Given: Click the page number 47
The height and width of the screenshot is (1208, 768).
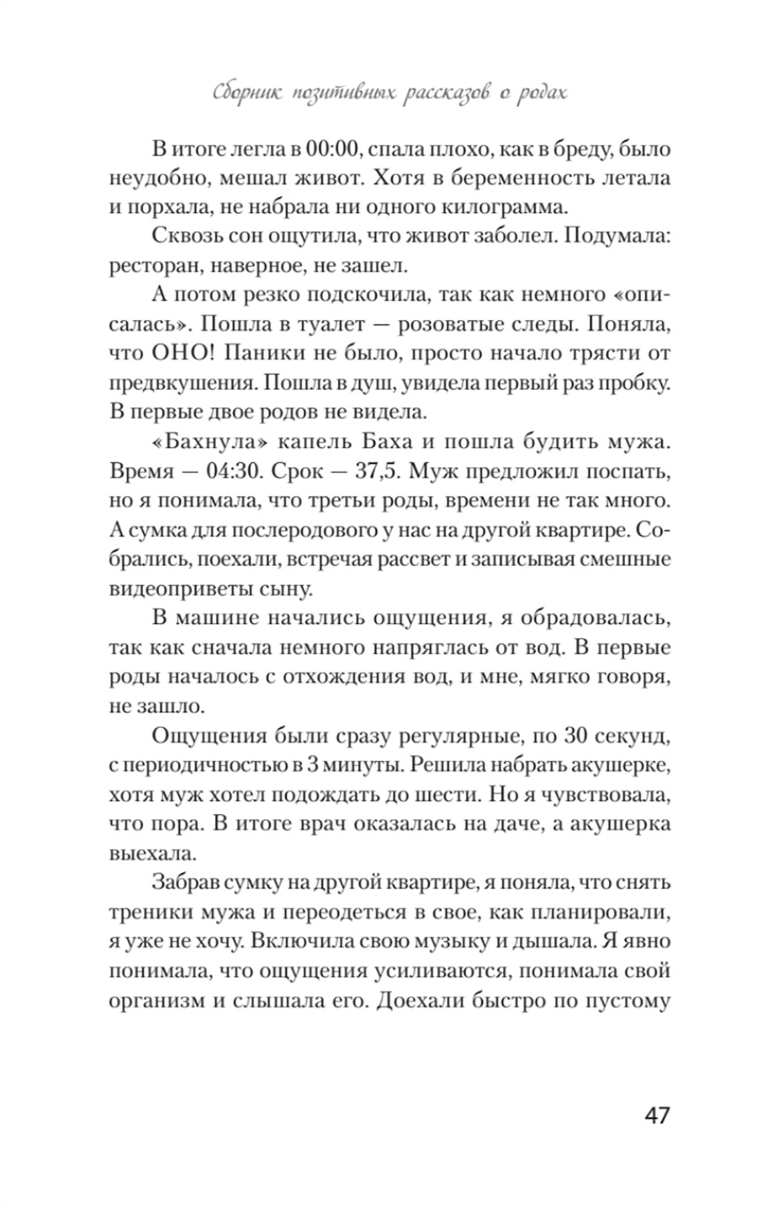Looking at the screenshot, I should tap(657, 1115).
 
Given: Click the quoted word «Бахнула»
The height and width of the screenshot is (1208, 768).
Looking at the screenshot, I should tap(201, 442).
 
